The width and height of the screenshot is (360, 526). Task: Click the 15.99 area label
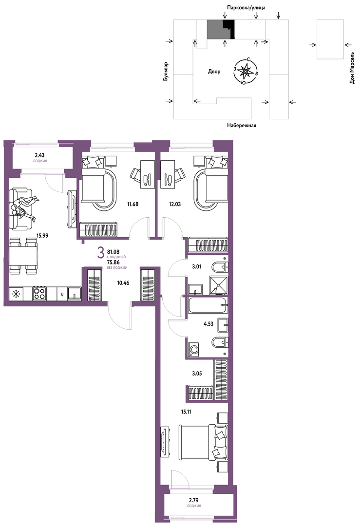click(x=42, y=236)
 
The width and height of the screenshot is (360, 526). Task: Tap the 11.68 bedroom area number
click(x=133, y=204)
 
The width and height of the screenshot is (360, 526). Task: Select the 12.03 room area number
click(x=175, y=204)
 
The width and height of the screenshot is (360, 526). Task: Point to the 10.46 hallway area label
click(x=123, y=283)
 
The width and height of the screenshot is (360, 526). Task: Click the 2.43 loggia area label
click(x=39, y=155)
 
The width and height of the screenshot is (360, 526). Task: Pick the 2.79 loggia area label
click(x=194, y=501)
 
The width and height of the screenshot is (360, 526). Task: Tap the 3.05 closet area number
click(x=197, y=374)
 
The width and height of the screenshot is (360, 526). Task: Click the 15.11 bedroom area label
click(x=186, y=412)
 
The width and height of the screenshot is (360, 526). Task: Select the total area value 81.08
click(x=113, y=252)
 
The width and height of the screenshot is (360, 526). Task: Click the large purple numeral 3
click(x=100, y=253)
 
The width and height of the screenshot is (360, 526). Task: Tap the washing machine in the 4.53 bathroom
click(x=193, y=349)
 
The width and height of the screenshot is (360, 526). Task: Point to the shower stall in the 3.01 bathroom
click(x=218, y=285)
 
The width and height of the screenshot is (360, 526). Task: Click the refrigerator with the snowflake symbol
click(x=16, y=294)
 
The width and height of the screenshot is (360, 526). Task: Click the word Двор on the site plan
click(x=214, y=72)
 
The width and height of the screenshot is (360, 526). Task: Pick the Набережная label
click(x=241, y=125)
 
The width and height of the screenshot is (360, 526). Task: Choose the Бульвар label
click(x=166, y=72)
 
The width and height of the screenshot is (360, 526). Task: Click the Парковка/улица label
click(x=246, y=7)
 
